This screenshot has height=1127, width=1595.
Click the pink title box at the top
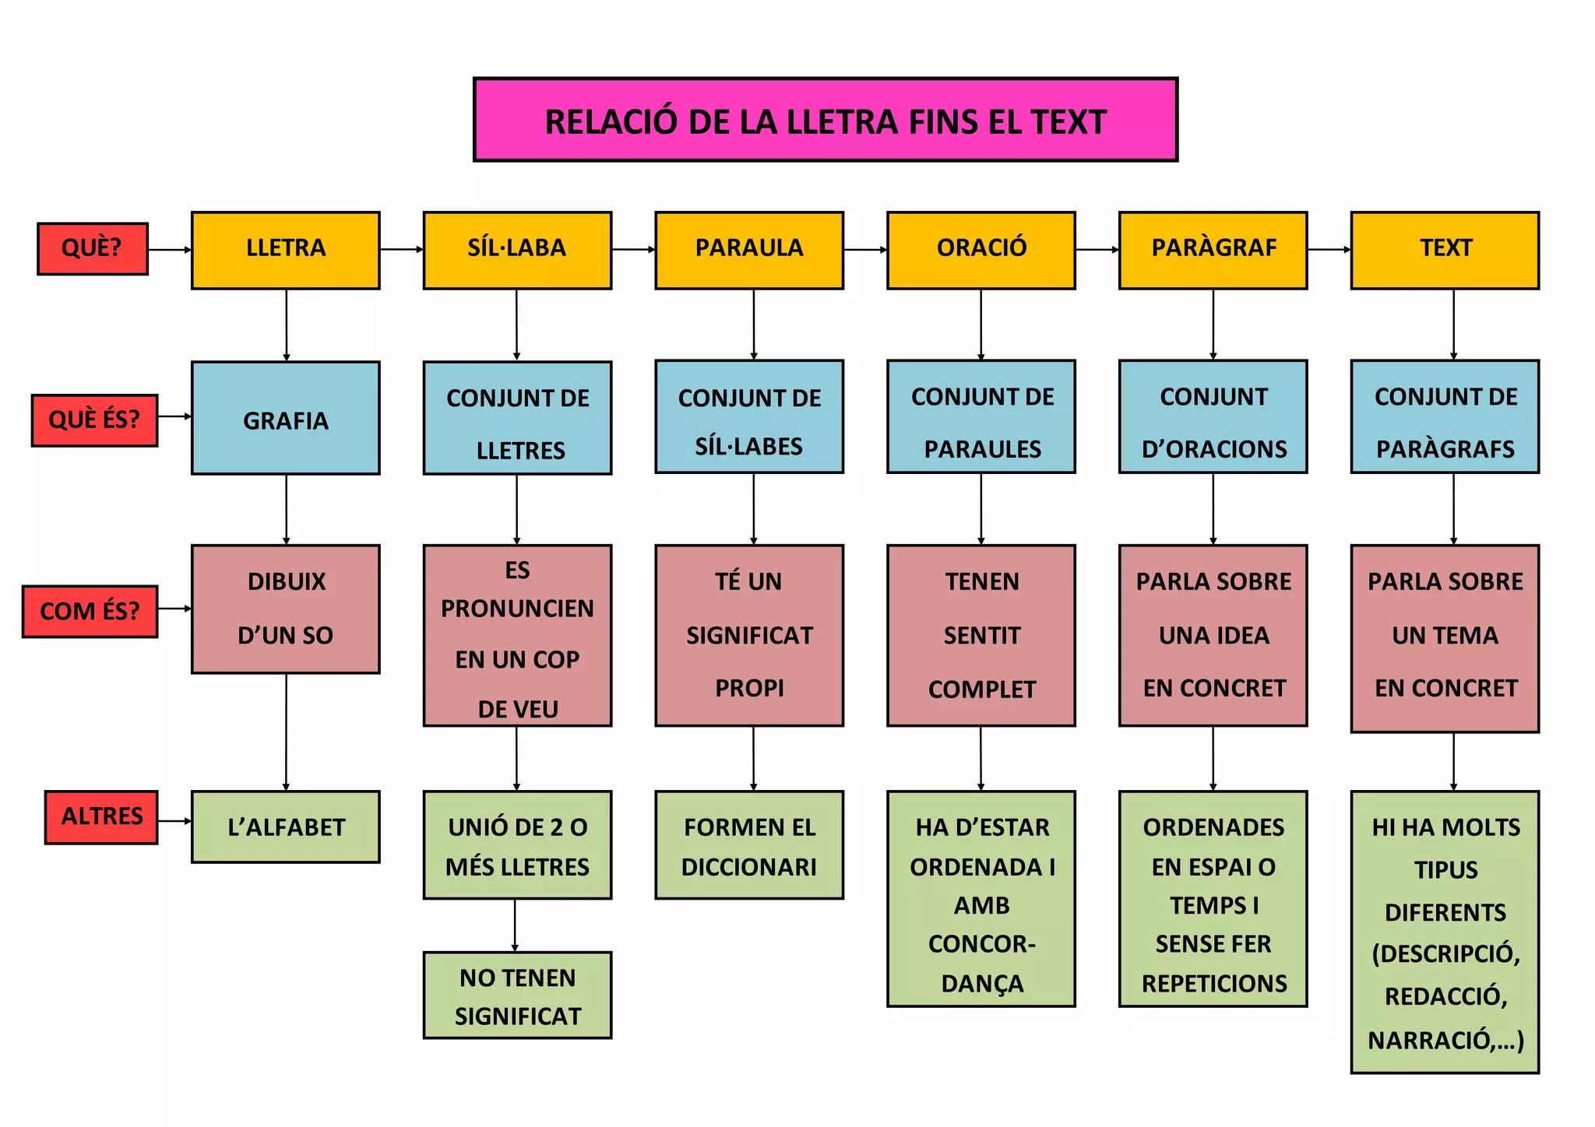coord(826,120)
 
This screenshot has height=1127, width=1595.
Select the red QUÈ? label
coord(93,248)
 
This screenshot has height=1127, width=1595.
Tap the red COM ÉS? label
coord(90,611)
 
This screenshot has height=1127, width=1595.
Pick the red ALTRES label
coord(101,816)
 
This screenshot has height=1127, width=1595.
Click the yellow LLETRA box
coord(286,250)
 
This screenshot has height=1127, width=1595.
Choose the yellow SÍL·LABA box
coord(517,250)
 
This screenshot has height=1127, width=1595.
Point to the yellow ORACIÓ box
coord(981,250)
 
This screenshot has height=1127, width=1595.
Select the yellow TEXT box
coord(1445,250)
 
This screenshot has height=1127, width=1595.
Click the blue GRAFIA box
coord(286,418)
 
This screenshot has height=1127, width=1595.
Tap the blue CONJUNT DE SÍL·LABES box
coord(749,416)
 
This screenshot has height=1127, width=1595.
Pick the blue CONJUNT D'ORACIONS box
coord(1213,416)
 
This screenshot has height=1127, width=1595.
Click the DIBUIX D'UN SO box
coord(286,609)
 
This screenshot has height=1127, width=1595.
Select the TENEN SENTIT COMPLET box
coord(981,635)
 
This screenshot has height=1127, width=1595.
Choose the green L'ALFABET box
coord(286,827)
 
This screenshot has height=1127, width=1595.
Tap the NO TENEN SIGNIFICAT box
coord(517,995)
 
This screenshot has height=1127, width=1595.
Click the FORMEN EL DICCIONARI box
coord(749,845)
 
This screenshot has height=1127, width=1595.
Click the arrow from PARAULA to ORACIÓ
coord(865,250)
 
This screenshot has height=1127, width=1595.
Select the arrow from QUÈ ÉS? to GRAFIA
coord(174,416)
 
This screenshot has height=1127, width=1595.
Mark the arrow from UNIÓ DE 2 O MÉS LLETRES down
coord(515,925)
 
